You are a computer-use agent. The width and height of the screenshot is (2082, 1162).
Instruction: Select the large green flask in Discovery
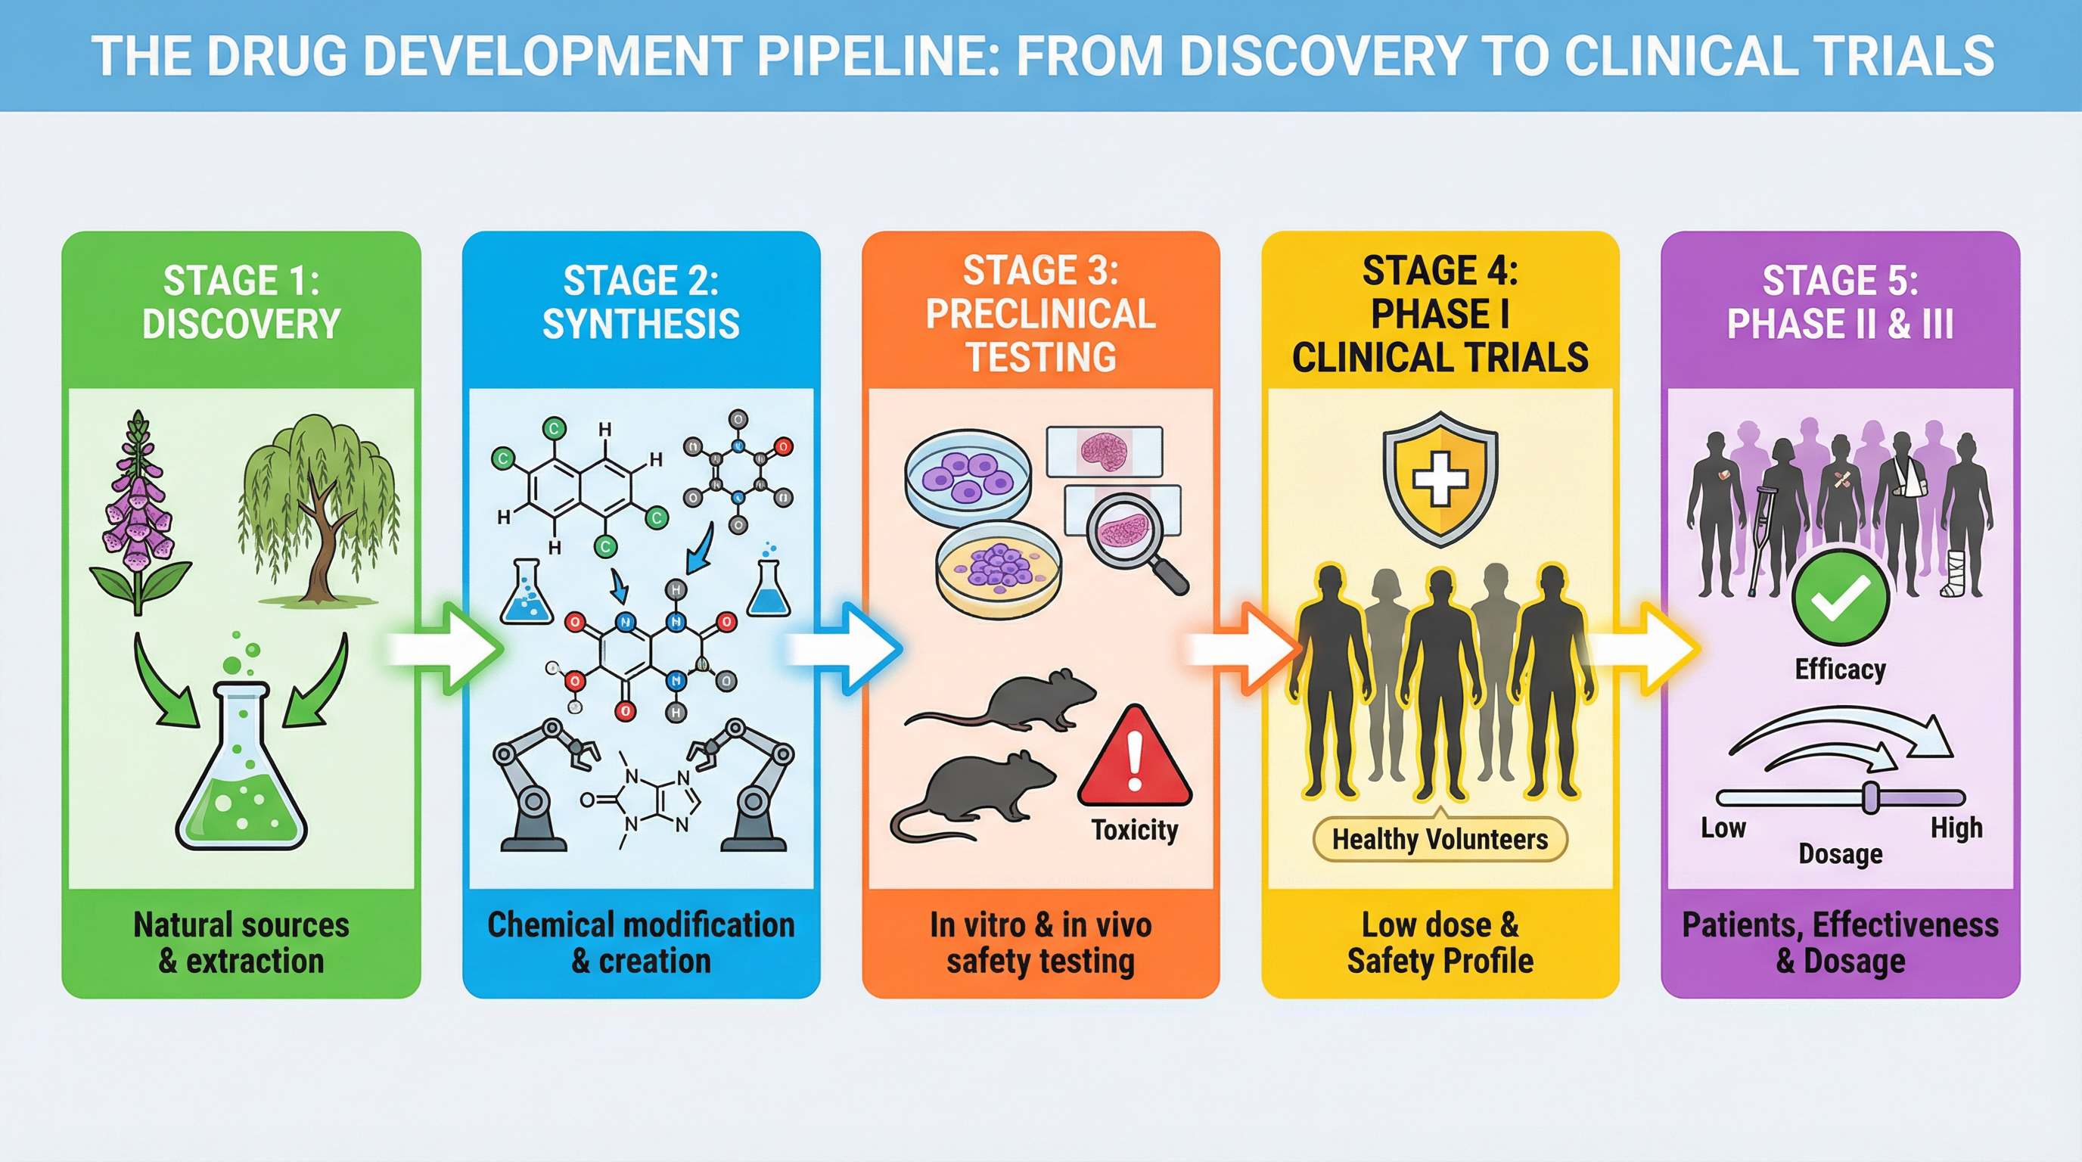pyautogui.click(x=241, y=775)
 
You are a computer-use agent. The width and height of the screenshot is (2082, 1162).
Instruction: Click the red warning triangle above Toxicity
pyautogui.click(x=1135, y=760)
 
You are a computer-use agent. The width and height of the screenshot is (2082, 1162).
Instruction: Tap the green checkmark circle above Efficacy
pyautogui.click(x=1840, y=598)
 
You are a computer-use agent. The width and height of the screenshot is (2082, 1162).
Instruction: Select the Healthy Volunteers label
pyautogui.click(x=1440, y=840)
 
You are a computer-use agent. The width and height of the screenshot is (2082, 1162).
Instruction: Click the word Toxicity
pyautogui.click(x=1135, y=830)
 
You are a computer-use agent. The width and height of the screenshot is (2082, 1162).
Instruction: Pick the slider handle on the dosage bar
pyautogui.click(x=1870, y=797)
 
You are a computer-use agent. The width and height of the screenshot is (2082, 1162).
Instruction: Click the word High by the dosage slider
pyautogui.click(x=1956, y=828)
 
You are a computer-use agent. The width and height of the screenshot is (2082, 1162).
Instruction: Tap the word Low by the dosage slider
pyautogui.click(x=1723, y=828)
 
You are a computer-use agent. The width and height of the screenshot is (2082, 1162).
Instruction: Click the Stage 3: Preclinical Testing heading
pyautogui.click(x=1040, y=313)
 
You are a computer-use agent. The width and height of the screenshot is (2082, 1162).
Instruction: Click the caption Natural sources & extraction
pyautogui.click(x=241, y=942)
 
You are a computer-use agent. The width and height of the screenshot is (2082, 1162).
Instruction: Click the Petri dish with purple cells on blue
pyautogui.click(x=967, y=477)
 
